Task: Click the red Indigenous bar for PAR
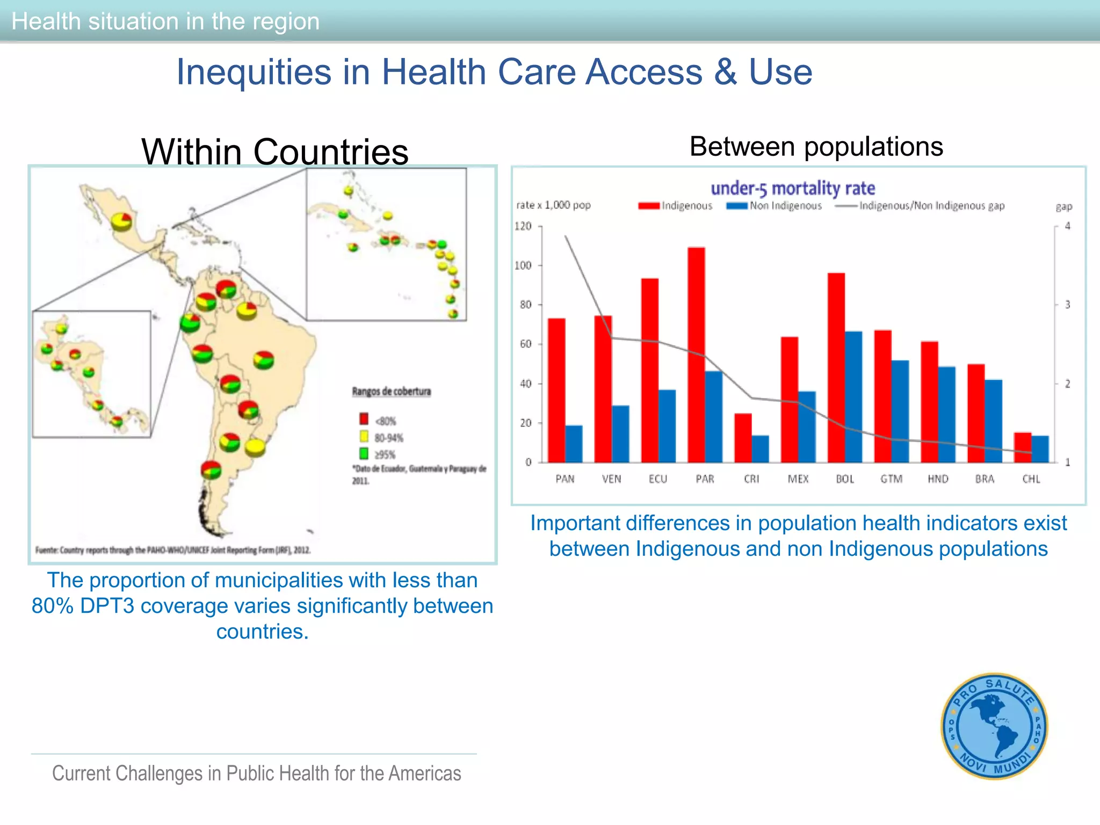click(696, 354)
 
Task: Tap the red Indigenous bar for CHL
click(1023, 447)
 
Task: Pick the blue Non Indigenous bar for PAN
click(574, 444)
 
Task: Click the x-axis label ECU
click(658, 479)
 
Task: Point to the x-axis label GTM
click(892, 479)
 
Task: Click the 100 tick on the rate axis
click(523, 265)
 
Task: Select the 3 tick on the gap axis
click(1068, 305)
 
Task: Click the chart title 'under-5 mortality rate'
click(793, 189)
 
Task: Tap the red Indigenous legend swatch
click(649, 206)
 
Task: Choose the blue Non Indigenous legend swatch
click(737, 206)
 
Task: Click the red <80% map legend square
click(364, 419)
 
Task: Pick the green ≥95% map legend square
click(364, 454)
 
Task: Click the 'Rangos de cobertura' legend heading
click(392, 392)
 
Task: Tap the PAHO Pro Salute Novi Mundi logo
click(995, 726)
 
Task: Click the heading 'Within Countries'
click(275, 151)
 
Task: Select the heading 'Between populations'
click(816, 147)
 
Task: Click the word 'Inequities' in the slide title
click(254, 72)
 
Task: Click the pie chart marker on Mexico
click(121, 221)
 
